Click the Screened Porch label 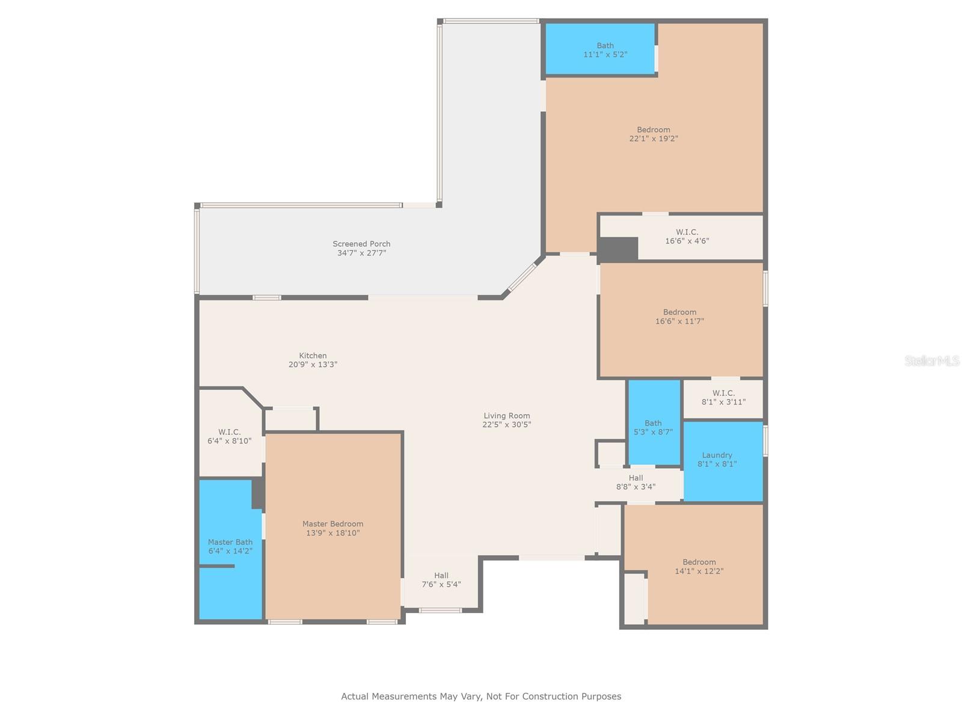(361, 244)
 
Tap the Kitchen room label (313, 356)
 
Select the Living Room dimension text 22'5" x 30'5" (507, 424)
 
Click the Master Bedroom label (332, 524)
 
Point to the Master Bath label (230, 542)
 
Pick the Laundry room (723, 461)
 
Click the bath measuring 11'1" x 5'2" (601, 49)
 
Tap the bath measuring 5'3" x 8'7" (654, 422)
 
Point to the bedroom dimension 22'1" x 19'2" (654, 139)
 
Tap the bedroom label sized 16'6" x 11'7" (679, 312)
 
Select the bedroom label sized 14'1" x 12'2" (699, 562)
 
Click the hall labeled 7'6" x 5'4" (441, 580)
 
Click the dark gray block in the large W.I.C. (618, 249)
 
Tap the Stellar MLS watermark (932, 360)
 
